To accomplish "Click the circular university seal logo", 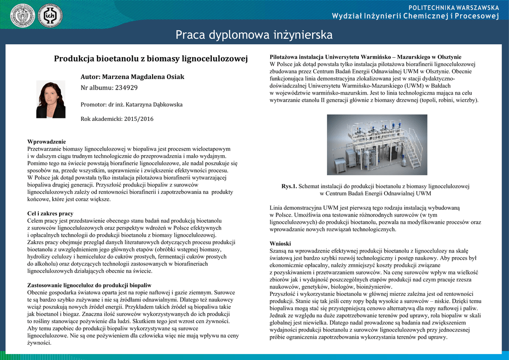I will coord(23,15).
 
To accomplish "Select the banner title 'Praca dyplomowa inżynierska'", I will coord(254,35).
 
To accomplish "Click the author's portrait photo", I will coord(51,99).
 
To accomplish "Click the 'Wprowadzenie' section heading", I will coord(46,142).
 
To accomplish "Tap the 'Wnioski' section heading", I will coord(280,244).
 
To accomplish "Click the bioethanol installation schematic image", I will coord(377,144).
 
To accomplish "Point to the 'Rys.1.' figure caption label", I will coord(289,186).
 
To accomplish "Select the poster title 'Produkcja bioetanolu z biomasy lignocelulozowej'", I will coord(151,59).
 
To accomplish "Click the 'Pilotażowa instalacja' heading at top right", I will coord(365,57).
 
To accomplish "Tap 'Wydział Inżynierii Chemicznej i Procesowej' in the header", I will coord(416,16).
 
